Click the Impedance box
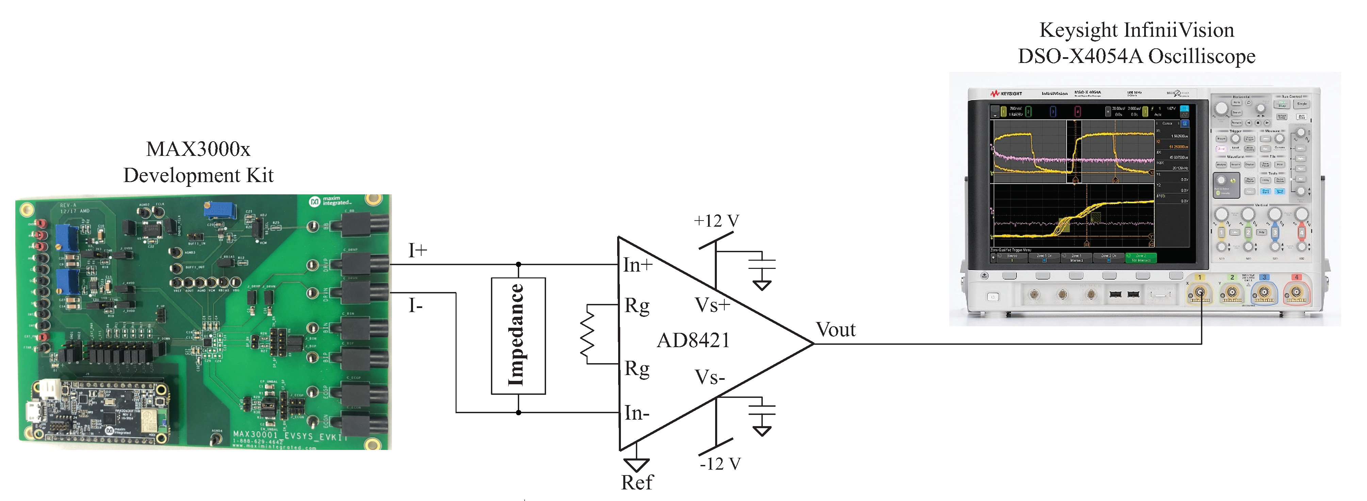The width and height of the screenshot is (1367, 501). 518,335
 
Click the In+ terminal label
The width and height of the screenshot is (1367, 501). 637,265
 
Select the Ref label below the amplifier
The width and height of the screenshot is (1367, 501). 637,482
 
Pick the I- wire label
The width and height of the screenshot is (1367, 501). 415,306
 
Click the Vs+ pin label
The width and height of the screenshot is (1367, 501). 712,305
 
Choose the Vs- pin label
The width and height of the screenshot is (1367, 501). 709,377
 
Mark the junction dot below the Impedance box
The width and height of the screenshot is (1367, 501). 518,413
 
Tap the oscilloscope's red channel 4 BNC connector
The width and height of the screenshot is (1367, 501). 1296,292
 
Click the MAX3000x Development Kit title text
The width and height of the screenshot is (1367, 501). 198,162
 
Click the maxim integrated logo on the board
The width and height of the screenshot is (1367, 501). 330,201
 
